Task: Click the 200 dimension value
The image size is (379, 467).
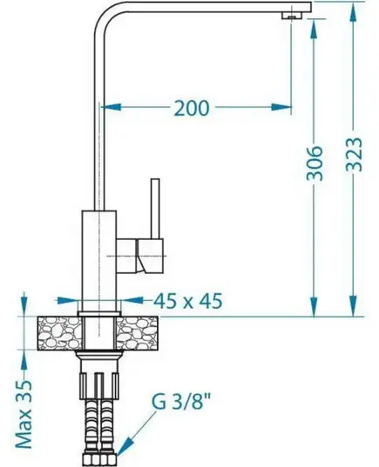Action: tap(192, 108)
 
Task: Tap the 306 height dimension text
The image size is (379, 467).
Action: tap(315, 163)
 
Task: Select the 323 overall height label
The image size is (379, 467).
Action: tap(354, 154)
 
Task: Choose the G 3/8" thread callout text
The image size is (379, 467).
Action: tap(182, 401)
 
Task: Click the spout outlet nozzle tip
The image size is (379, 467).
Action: tap(292, 16)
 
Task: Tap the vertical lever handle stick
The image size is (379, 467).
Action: tap(155, 209)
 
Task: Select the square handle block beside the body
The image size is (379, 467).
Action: tap(150, 256)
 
